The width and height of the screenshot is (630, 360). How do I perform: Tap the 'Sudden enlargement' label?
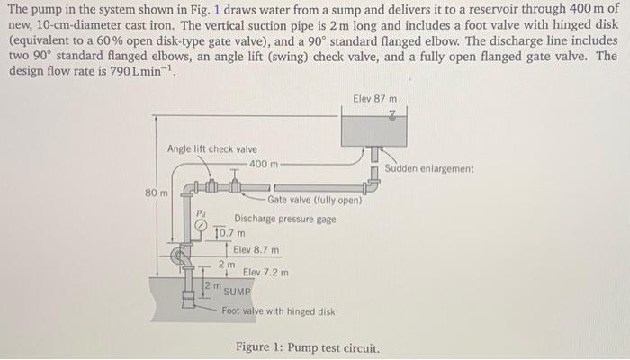coord(428,168)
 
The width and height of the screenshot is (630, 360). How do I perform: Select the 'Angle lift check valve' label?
coord(211,148)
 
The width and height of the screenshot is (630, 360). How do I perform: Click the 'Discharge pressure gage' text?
coord(284,219)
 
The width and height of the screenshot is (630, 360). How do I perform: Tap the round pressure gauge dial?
coord(203,226)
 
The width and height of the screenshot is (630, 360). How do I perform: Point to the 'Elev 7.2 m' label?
coord(266,272)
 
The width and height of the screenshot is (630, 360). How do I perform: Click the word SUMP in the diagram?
coord(238,292)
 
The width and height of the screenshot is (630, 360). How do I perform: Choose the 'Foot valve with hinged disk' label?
coord(278,311)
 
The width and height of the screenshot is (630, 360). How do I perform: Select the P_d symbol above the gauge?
coord(202,214)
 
